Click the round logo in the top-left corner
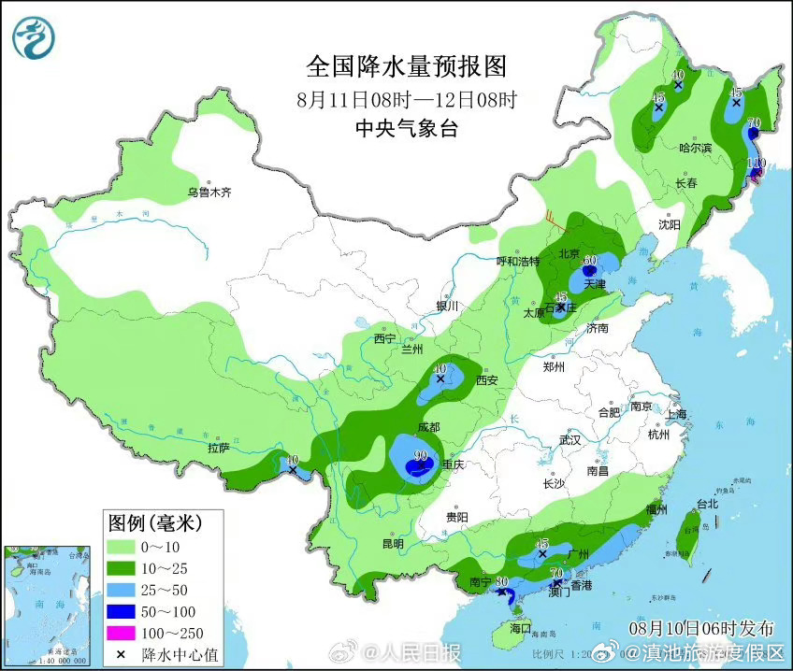tap(34, 38)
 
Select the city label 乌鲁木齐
tap(208, 193)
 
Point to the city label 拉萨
tap(218, 448)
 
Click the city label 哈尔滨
tap(695, 148)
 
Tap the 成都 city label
tap(428, 426)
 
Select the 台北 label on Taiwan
tap(706, 504)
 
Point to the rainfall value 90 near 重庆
tap(421, 456)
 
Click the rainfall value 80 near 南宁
tap(502, 581)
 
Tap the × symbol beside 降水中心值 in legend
tap(122, 653)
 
